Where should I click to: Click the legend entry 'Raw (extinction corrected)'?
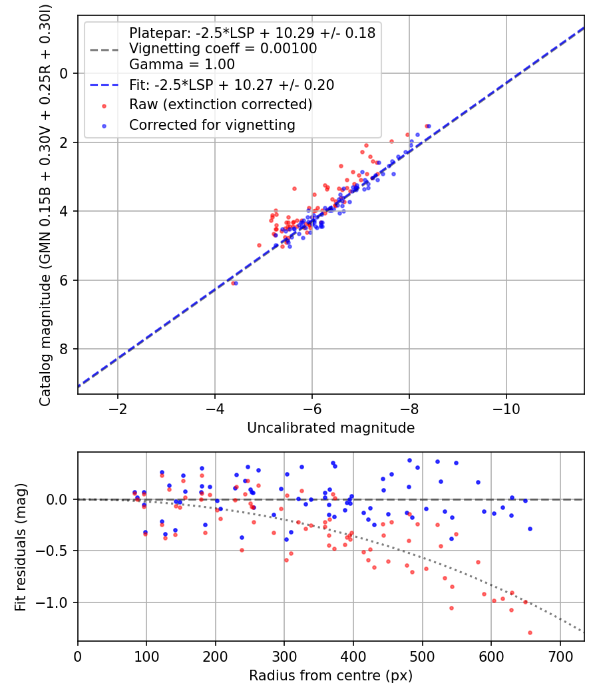(220, 105)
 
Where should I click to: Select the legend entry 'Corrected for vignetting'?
(212, 124)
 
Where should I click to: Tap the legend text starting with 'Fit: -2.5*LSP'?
(232, 85)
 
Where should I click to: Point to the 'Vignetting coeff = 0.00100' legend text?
(223, 49)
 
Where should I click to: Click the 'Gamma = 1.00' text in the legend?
(182, 65)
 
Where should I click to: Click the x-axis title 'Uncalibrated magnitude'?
(331, 428)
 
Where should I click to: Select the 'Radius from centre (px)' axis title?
(331, 676)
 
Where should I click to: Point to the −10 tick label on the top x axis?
(506, 407)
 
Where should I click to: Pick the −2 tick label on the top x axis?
(118, 407)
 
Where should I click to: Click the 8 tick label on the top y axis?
(65, 349)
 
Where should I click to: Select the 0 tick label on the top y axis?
(65, 73)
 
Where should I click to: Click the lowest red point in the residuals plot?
(530, 632)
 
